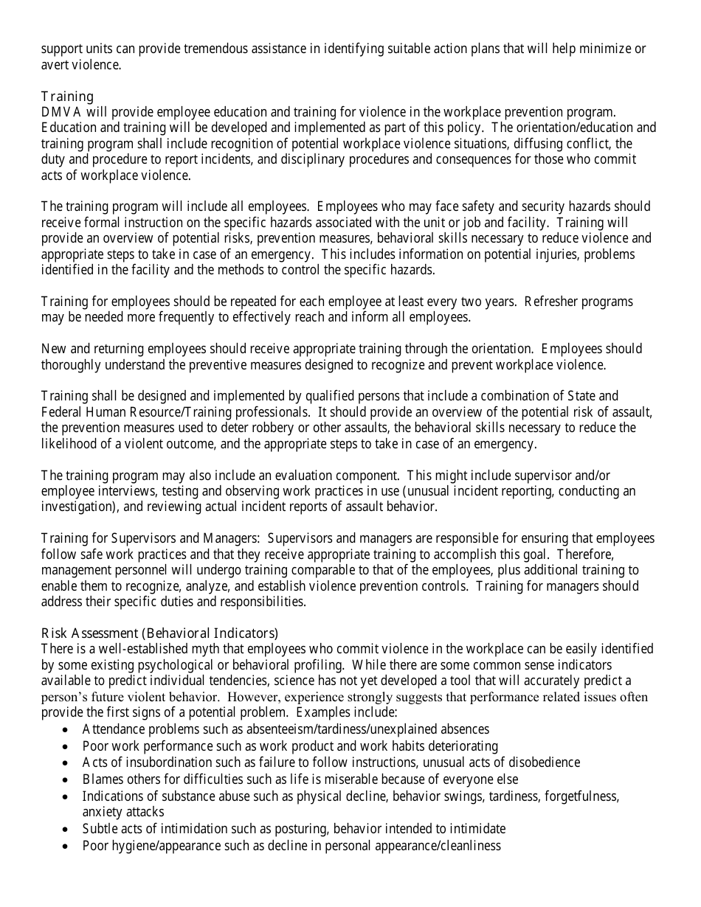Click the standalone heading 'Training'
[x=67, y=97]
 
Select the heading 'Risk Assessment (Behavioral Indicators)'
[x=159, y=633]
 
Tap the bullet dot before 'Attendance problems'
[x=66, y=730]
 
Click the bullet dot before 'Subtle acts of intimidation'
[x=66, y=829]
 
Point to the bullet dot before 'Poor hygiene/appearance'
[x=66, y=846]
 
